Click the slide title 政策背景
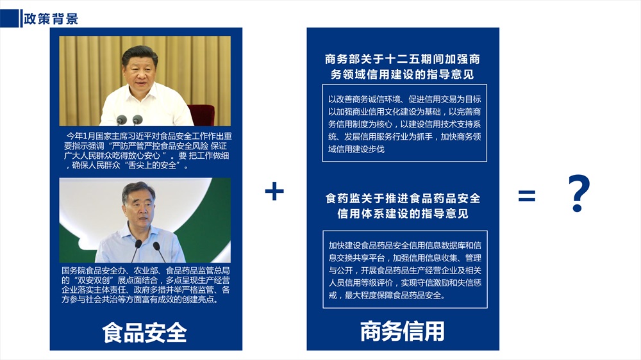(x=51, y=19)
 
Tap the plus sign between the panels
(x=274, y=191)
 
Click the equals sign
(x=526, y=196)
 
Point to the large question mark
(x=579, y=193)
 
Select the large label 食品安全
(x=144, y=332)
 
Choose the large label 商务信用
(x=403, y=331)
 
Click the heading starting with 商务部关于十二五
(x=403, y=67)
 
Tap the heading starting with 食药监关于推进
(x=403, y=206)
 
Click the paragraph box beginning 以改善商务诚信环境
(x=404, y=123)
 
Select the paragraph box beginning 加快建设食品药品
(x=405, y=269)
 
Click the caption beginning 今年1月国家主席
(x=146, y=151)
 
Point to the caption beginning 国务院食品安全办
(x=146, y=285)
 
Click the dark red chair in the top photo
(x=201, y=115)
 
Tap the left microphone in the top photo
(x=121, y=120)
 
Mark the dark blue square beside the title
(x=10, y=19)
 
